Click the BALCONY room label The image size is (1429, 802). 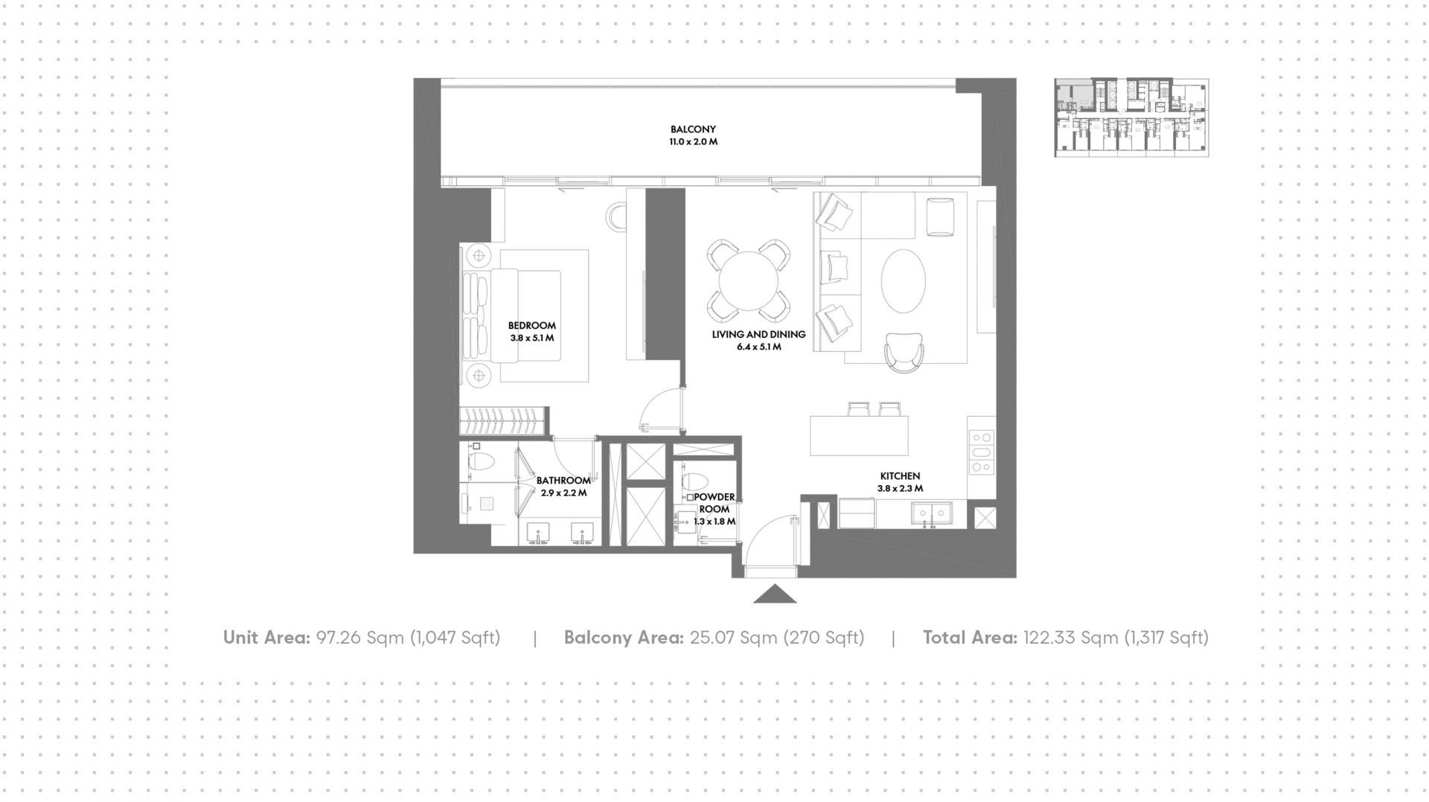point(693,129)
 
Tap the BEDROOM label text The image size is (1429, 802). point(532,325)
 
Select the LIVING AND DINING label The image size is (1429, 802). point(758,334)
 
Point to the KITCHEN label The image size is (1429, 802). point(900,476)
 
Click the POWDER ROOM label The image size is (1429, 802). point(714,503)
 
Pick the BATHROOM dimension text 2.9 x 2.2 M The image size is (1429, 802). point(563,493)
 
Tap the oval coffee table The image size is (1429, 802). point(904,281)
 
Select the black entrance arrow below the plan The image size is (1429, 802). point(775,593)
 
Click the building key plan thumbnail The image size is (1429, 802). point(1131,118)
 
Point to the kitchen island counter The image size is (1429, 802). point(859,436)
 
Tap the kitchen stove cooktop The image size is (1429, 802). point(981,452)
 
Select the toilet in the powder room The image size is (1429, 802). point(695,482)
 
